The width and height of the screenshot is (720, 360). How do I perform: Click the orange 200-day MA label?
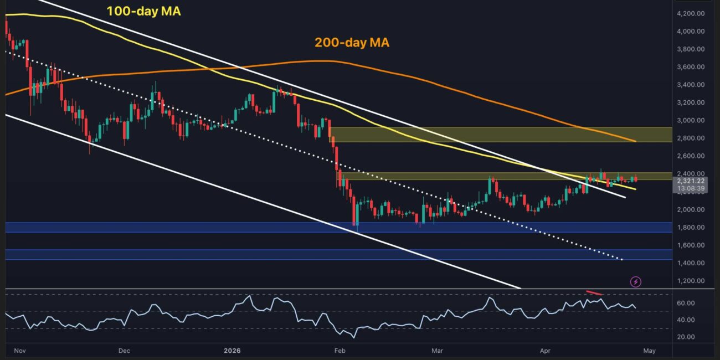352,42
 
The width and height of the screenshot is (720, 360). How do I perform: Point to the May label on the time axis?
649,351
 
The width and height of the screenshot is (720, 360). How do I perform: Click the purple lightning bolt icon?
636,282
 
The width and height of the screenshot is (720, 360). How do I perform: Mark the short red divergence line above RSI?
594,292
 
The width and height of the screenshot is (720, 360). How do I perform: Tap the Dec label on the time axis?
124,351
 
